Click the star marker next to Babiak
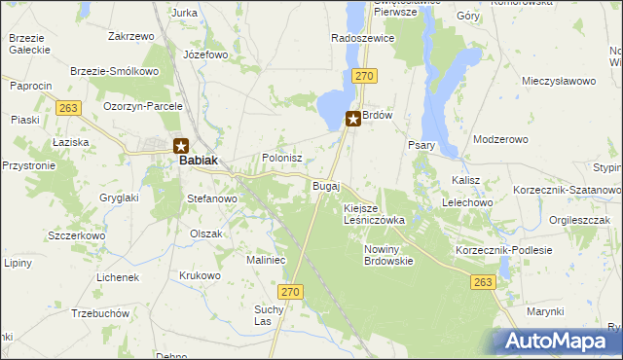(181, 147)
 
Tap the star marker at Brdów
(353, 119)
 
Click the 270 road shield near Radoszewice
(364, 74)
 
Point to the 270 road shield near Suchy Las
(289, 291)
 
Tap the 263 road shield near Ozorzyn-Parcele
(67, 108)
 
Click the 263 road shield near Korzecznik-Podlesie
(482, 281)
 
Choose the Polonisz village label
(282, 157)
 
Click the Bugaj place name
(325, 185)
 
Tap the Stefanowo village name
(212, 198)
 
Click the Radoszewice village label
(362, 38)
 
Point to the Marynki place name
(545, 310)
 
